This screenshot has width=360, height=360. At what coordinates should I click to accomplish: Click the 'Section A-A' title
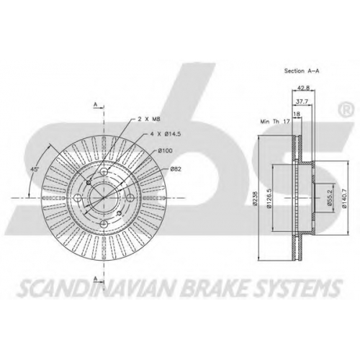pos(302,71)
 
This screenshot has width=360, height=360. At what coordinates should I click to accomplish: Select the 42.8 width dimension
pos(303,88)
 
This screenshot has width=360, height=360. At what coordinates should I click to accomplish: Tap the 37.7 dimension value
pos(302,102)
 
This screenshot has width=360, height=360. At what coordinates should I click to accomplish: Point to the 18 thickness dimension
pos(297,114)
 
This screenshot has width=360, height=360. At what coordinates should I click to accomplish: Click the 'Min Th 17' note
pos(275,122)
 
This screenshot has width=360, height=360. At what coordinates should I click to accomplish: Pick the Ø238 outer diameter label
pos(255,198)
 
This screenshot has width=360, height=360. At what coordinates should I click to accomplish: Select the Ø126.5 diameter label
pos(269,198)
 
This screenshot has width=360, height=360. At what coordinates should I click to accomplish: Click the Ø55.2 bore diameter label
pos(330,198)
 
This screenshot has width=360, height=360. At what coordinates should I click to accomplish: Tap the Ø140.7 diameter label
pos(344,198)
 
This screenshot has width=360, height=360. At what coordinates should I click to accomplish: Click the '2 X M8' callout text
pos(149,119)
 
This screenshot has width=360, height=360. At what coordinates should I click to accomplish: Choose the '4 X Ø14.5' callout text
pos(166,135)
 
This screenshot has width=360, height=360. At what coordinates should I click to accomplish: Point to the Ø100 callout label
pos(165,150)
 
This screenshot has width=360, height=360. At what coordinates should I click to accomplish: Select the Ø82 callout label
pos(176,169)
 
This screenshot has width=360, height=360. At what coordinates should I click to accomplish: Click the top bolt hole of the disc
pos(104,171)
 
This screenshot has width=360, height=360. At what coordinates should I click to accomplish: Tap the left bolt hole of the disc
pos(78,198)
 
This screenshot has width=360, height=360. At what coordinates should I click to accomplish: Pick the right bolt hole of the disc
pos(130,198)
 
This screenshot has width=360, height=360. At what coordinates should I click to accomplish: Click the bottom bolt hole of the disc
pos(104,225)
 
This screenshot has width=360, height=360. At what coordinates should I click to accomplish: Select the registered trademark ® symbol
pos(346,109)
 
